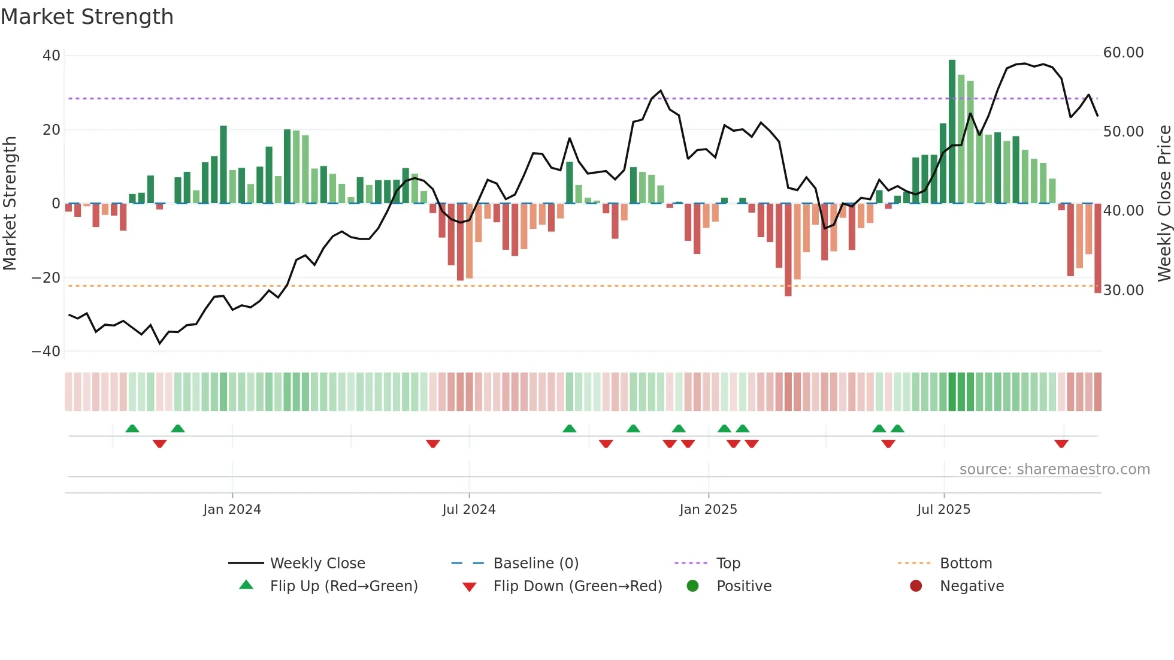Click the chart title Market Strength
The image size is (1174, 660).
87,17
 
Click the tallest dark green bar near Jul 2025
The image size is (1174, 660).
952,132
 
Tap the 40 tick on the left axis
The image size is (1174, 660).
52,56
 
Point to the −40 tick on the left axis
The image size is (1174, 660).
46,352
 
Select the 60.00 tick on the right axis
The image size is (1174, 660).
1123,53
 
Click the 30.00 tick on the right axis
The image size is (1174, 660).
1123,290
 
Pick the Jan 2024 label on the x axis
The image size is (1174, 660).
232,510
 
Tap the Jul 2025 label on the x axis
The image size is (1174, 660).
943,510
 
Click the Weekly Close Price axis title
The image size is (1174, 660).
1164,204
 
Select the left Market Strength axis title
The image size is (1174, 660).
10,204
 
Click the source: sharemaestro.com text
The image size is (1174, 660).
1054,470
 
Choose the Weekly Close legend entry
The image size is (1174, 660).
317,564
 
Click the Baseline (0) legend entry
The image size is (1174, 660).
535,564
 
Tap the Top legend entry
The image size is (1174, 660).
728,564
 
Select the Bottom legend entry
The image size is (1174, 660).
966,564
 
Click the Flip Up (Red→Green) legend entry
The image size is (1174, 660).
343,586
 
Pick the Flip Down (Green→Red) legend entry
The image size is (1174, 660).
577,586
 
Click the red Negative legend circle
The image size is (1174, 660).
916,586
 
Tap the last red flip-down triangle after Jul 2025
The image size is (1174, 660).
1061,444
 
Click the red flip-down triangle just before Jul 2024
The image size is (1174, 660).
433,444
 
